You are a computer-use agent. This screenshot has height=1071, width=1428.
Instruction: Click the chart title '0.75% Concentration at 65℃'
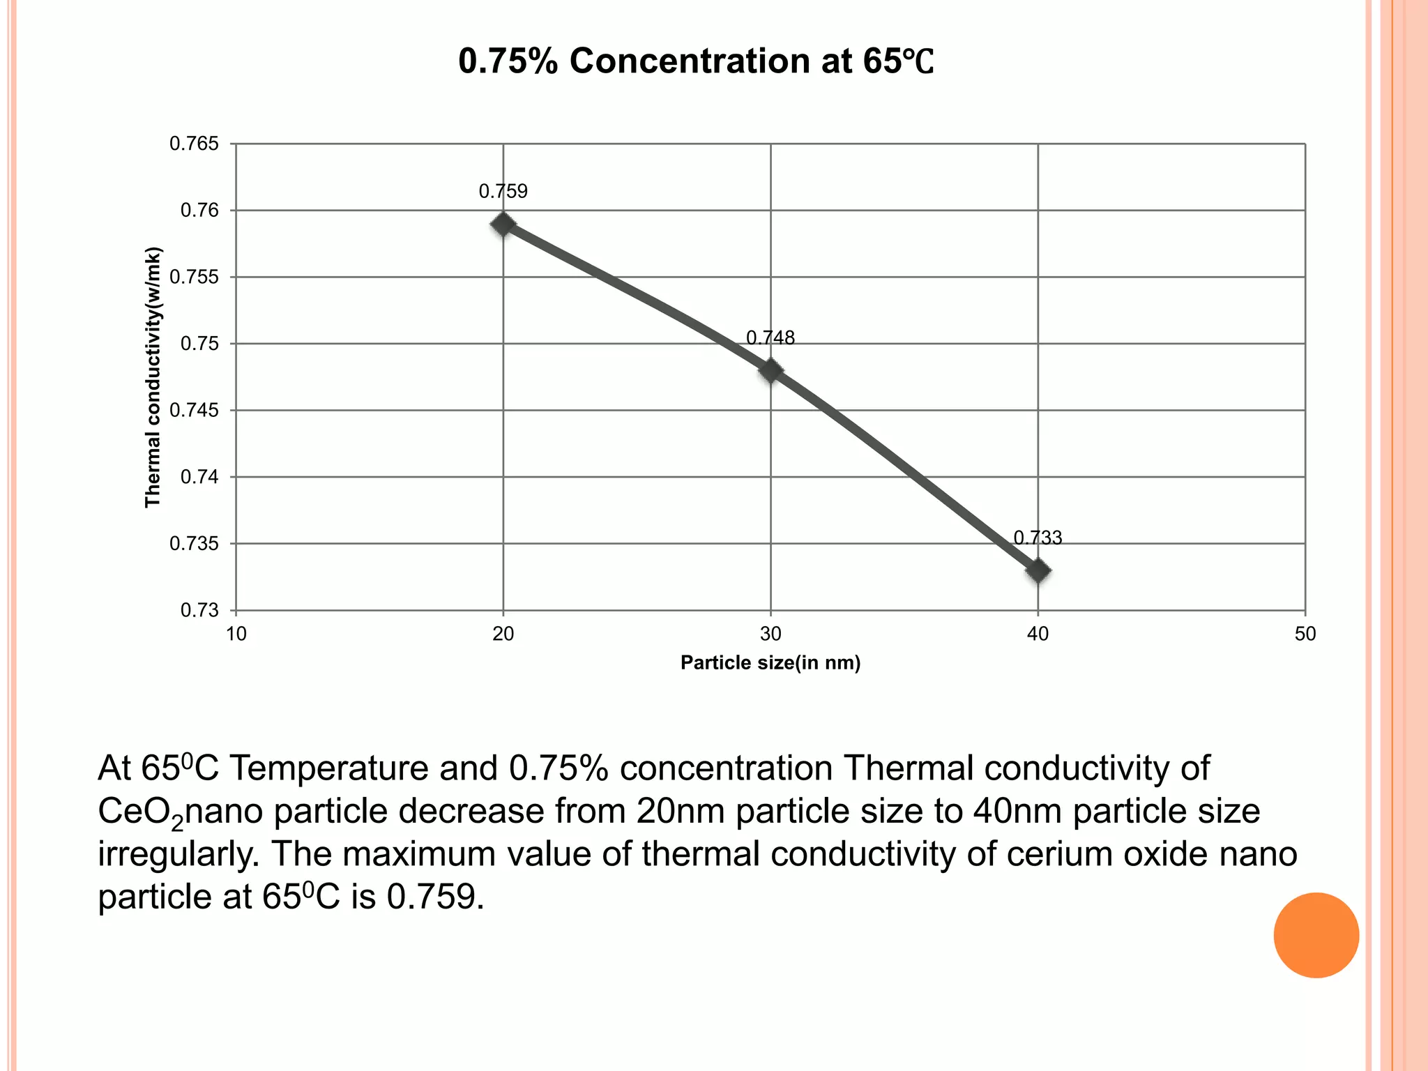tap(695, 61)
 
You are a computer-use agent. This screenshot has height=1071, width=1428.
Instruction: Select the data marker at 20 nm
tap(503, 225)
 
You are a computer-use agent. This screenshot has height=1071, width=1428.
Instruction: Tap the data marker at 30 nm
tap(770, 370)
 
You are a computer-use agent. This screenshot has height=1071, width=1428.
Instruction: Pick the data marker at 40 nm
tap(1038, 571)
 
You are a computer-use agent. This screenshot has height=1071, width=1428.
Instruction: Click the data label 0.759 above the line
tap(503, 192)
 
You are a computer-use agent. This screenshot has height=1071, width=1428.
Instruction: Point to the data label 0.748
tap(770, 338)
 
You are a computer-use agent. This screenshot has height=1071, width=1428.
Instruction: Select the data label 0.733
tap(1038, 538)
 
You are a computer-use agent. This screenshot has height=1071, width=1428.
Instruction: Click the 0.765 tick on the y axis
tap(194, 144)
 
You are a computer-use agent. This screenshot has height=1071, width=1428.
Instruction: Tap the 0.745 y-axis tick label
tap(194, 411)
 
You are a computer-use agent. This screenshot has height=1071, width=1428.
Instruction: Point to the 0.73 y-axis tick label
tap(199, 611)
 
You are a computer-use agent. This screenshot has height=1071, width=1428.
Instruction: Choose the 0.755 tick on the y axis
tap(194, 278)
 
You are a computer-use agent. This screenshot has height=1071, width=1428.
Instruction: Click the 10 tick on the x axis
tap(236, 635)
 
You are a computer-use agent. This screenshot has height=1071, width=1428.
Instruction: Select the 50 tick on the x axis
tap(1305, 635)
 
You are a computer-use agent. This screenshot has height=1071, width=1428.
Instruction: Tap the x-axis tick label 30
tap(770, 635)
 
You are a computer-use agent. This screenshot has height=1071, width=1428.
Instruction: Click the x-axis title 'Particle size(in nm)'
tap(770, 663)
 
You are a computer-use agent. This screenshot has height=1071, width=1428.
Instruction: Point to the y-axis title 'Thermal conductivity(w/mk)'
tap(153, 377)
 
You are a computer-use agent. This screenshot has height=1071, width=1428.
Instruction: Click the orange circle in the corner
tap(1316, 935)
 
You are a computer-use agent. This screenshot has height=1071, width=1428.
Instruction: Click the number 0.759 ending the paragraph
tap(434, 897)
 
